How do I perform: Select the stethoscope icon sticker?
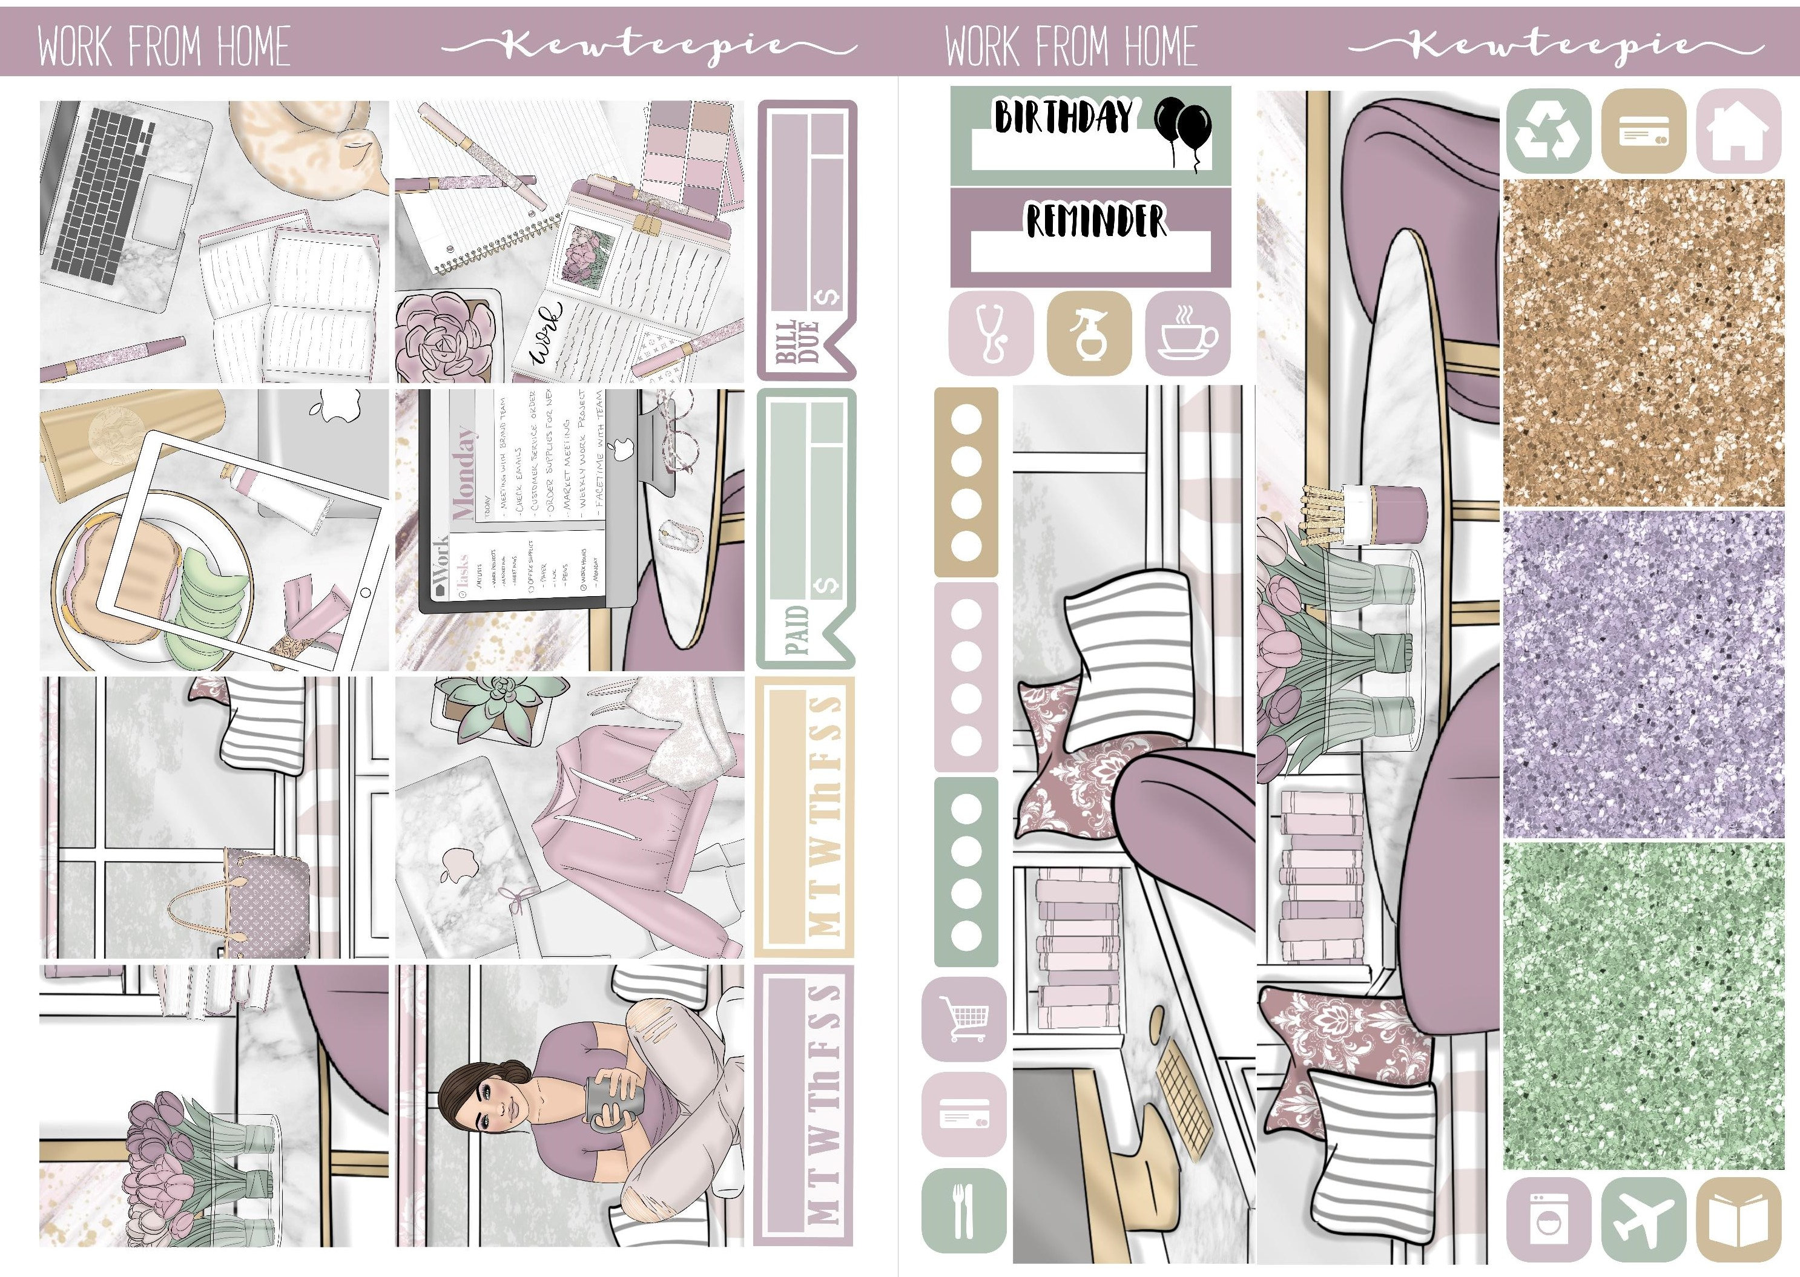991,333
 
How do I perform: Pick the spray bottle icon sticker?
1089,333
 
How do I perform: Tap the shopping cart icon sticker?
964,1019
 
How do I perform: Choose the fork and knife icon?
964,1210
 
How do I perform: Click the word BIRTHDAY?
1064,118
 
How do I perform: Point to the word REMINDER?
1095,220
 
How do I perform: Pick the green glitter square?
1643,1006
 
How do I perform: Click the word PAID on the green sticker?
796,629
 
